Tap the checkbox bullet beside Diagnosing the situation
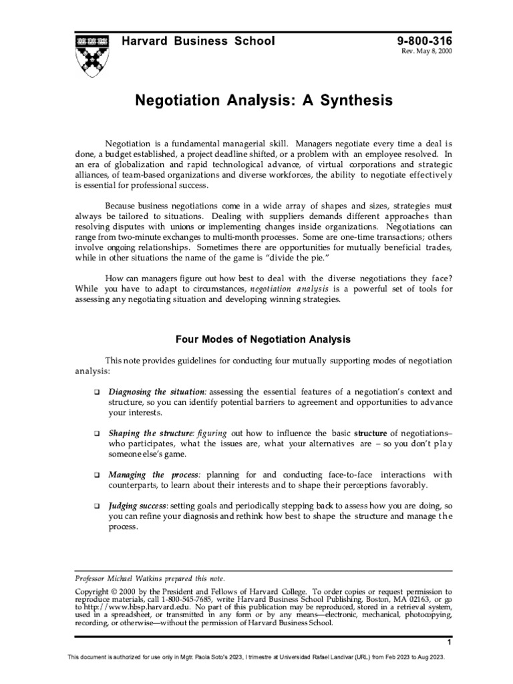click(98, 391)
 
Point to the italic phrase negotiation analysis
click(289, 289)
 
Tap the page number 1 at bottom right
click(450, 643)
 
